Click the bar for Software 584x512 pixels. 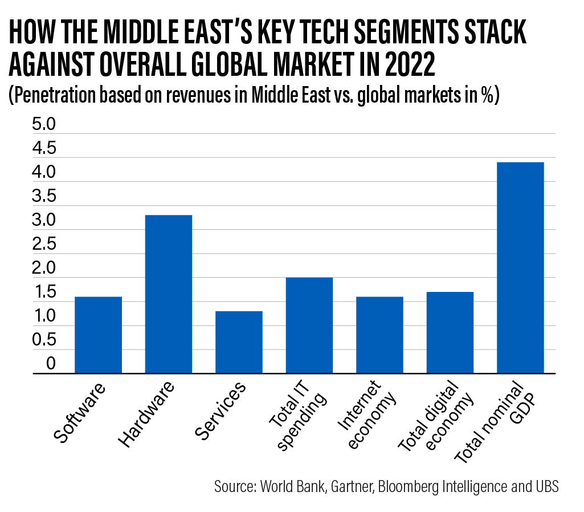point(98,335)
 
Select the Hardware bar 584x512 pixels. point(169,294)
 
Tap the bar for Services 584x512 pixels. point(239,342)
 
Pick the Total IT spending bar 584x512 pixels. point(309,326)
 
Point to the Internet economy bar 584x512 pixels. point(379,335)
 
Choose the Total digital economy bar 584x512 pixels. point(450,333)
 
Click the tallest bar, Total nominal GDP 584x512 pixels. point(520,268)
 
